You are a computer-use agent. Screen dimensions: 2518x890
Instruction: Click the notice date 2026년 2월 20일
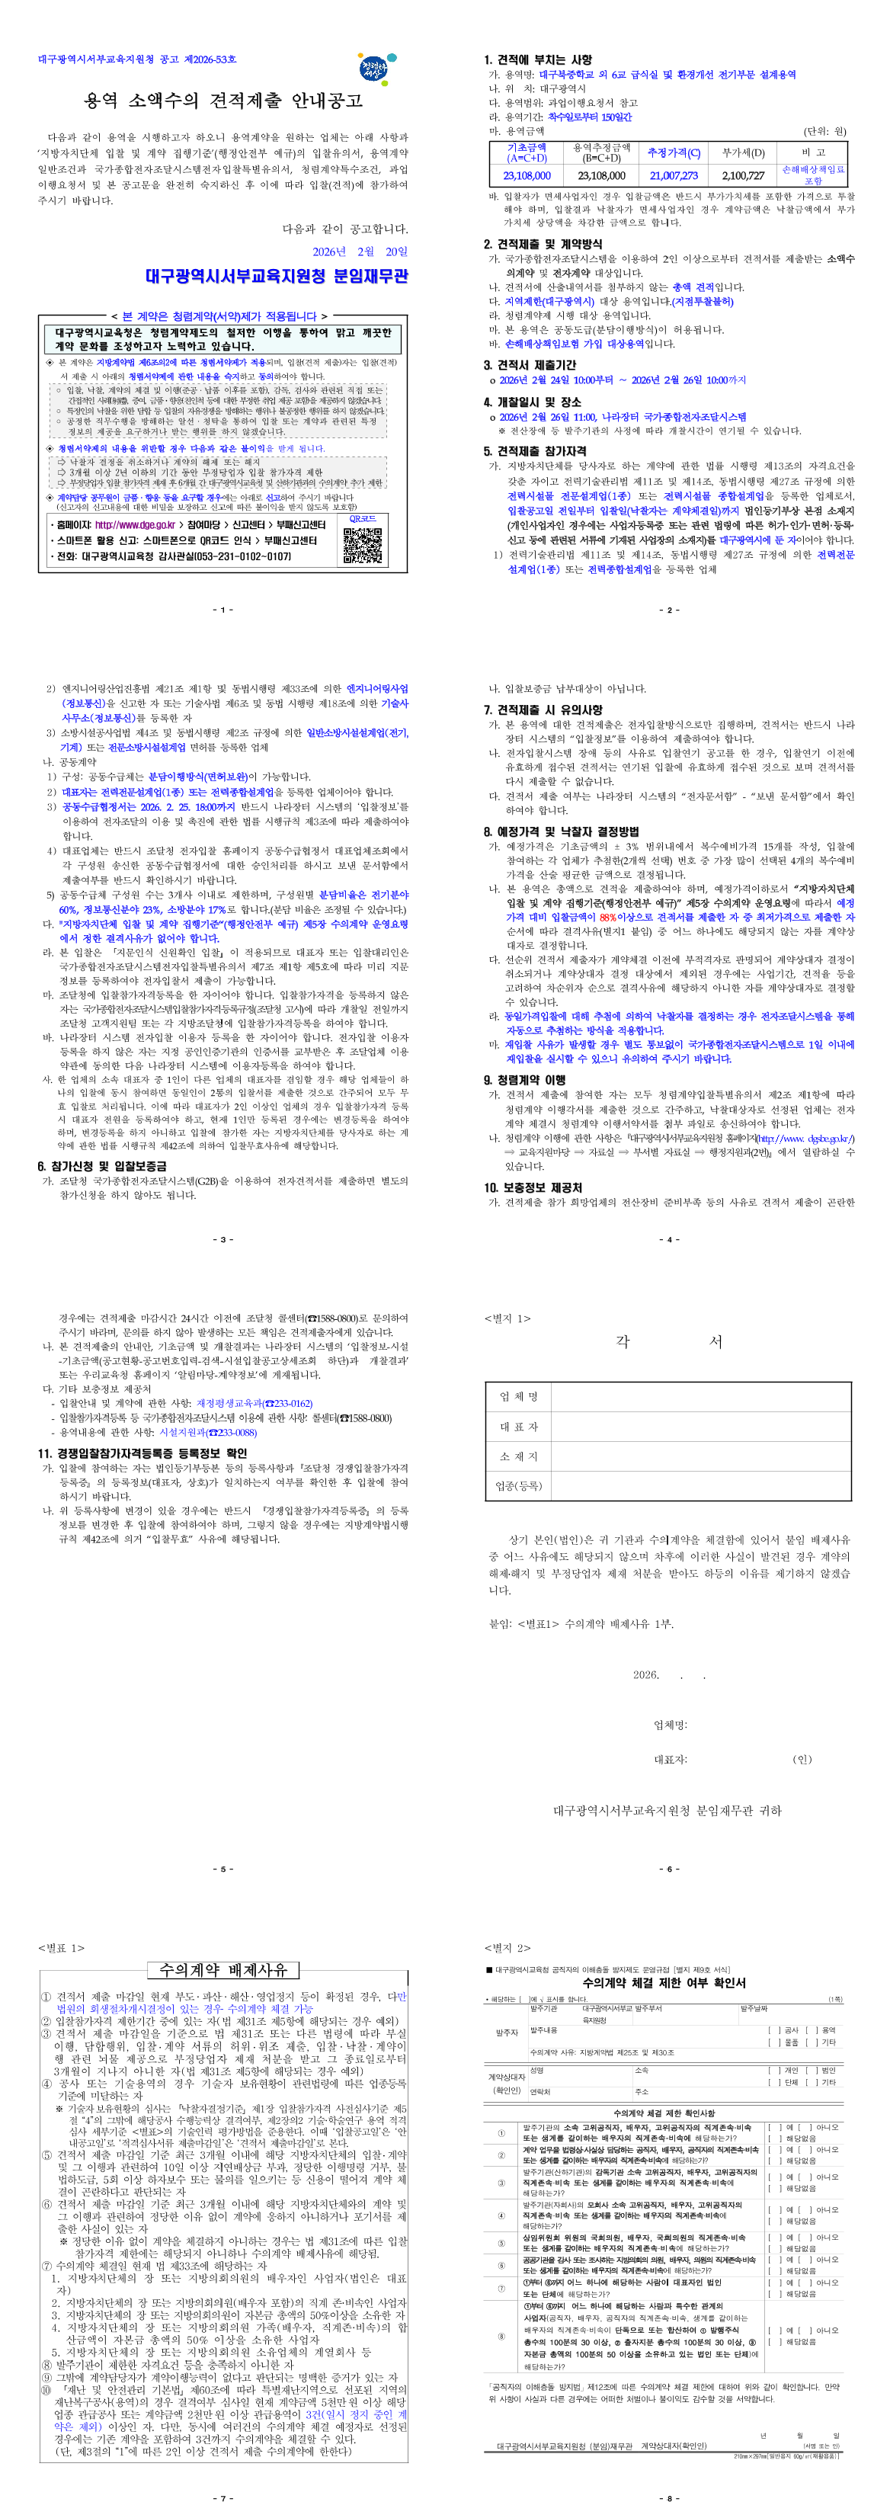tap(360, 251)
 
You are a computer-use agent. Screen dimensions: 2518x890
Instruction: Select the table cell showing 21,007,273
tap(674, 176)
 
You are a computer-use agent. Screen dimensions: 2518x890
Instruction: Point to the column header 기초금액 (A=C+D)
tap(527, 152)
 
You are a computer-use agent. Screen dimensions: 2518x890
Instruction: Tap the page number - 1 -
tap(222, 610)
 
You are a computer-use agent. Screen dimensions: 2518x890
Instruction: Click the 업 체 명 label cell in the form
tap(519, 1397)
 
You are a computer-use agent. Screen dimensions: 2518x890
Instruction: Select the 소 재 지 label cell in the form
tap(519, 1456)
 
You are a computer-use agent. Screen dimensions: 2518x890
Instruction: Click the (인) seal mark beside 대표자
tap(802, 1760)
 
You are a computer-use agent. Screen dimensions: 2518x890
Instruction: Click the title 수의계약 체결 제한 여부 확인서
tap(664, 1983)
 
